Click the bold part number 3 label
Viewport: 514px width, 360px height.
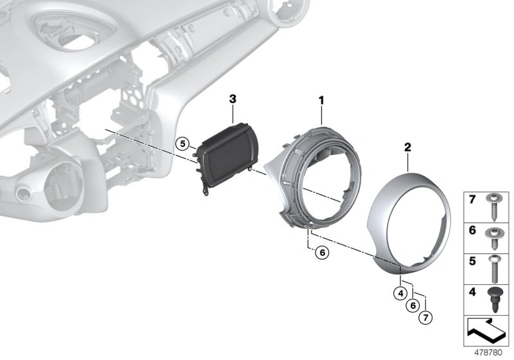coord(233,99)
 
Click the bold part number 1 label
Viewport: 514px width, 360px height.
coord(322,100)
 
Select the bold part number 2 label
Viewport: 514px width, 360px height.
coord(407,147)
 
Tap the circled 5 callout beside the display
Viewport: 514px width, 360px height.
coord(182,143)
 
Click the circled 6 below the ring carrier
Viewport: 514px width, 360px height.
coord(322,253)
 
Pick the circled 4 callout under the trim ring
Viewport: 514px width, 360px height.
coord(400,293)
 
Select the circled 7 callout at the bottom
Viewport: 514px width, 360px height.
coord(425,318)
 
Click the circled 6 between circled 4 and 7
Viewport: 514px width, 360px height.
coord(412,305)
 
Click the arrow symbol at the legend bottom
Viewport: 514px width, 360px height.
coord(486,330)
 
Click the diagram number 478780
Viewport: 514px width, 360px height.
coord(488,353)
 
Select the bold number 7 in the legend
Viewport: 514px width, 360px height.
coord(472,199)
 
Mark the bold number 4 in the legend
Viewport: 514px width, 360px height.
coord(472,291)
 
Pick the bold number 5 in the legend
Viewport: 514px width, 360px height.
coord(472,261)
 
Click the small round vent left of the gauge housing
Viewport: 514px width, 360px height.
coord(23,194)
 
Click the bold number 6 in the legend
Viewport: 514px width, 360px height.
coord(472,230)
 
